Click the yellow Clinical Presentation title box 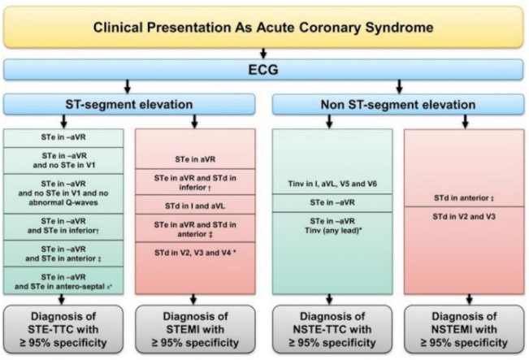click(263, 27)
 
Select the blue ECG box click(263, 70)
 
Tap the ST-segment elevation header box click(129, 104)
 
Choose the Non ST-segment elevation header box click(398, 104)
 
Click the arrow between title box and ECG click(263, 54)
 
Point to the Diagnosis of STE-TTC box click(63, 329)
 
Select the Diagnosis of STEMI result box click(195, 329)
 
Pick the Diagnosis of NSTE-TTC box click(332, 329)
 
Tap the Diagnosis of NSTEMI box click(464, 329)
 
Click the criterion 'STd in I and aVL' click(195, 206)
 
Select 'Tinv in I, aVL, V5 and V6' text click(332, 184)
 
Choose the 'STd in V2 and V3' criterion click(464, 217)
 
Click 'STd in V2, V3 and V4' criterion click(195, 253)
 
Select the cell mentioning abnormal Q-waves click(63, 193)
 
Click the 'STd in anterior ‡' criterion click(464, 198)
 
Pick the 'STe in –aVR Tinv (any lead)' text click(332, 226)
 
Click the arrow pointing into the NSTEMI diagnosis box click(469, 300)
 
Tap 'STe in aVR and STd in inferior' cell click(195, 182)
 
